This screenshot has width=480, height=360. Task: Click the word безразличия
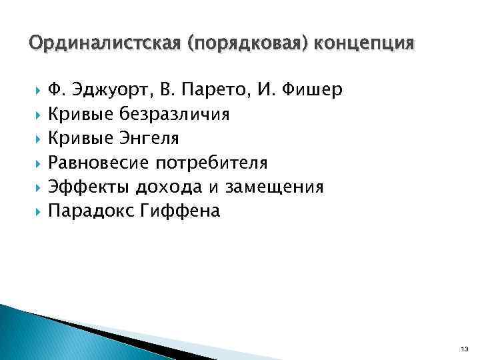[175, 115]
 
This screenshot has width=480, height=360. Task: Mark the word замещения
[274, 187]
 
